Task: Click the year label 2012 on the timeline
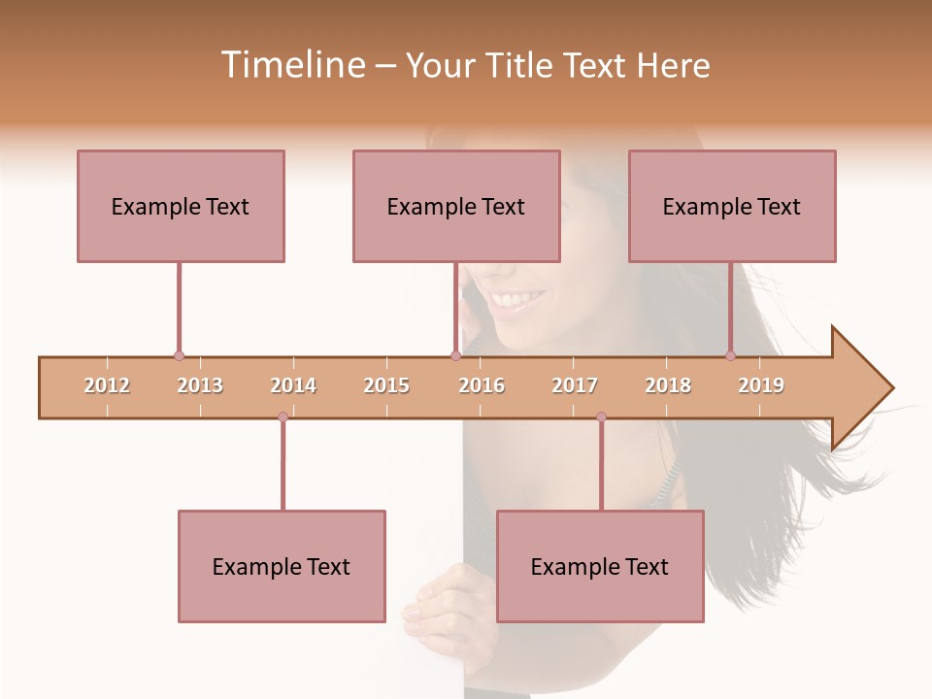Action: (x=107, y=386)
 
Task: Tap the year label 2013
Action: (x=200, y=386)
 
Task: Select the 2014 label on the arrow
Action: (x=293, y=386)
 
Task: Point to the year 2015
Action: (x=386, y=386)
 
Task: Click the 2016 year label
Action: (x=482, y=386)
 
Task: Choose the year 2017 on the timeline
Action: (x=575, y=386)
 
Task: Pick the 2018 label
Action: (x=668, y=386)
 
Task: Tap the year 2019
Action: (x=761, y=386)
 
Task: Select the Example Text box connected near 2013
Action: (x=181, y=206)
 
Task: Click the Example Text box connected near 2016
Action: (x=456, y=206)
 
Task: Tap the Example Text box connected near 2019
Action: (x=732, y=206)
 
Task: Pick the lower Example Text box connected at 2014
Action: (x=282, y=566)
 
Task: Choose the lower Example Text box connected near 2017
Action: (x=600, y=566)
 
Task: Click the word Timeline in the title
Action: (x=291, y=65)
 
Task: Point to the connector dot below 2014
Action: (x=283, y=416)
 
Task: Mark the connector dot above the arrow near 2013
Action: (x=179, y=356)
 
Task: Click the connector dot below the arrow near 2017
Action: (x=601, y=416)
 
